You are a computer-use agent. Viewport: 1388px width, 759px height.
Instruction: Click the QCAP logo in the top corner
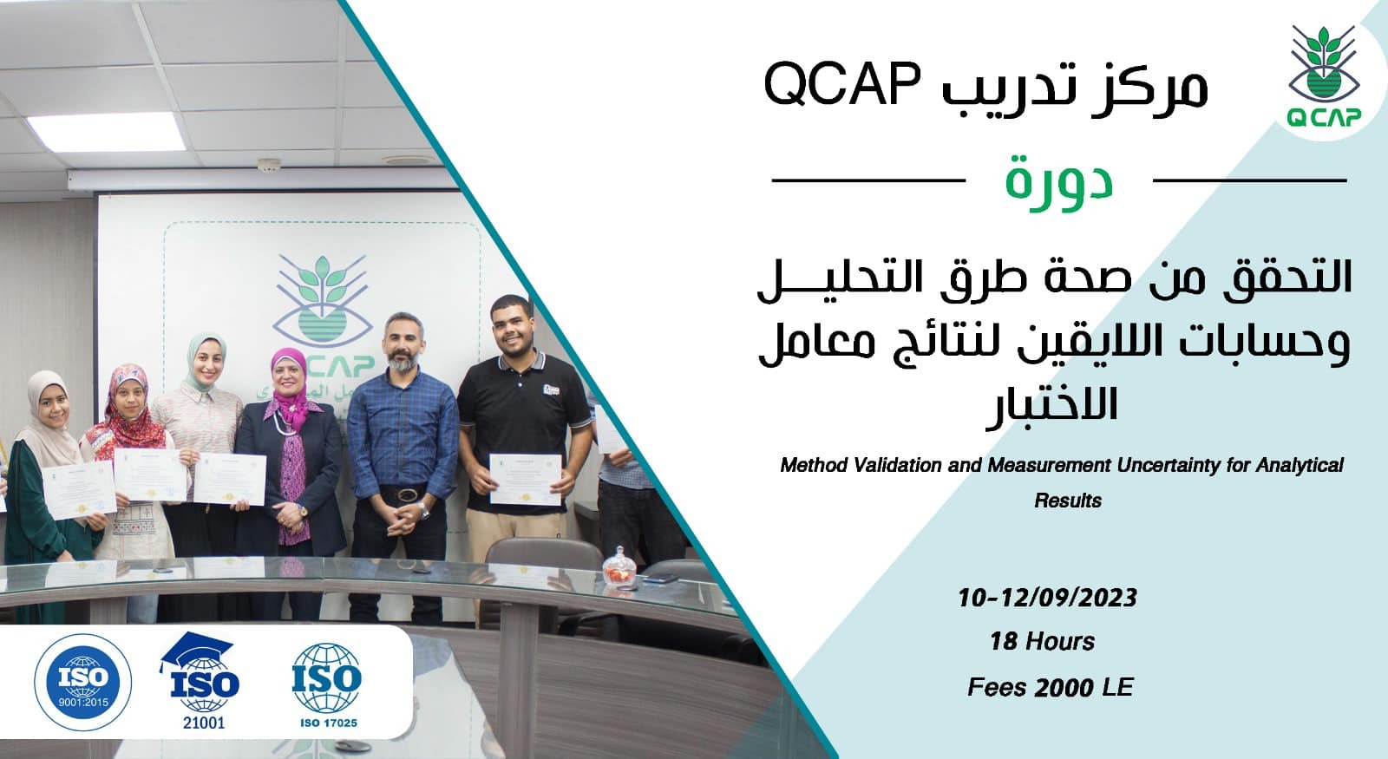coord(1323,78)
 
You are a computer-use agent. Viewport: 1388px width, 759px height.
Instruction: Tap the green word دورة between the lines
coord(1059,180)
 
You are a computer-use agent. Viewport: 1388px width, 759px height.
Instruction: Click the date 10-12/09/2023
coord(1047,598)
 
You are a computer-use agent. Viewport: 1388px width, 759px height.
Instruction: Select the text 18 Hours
coord(1042,642)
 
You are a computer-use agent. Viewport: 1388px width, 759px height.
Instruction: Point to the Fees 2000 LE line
coord(1050,688)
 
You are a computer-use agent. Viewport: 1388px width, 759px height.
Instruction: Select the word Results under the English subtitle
coord(1068,501)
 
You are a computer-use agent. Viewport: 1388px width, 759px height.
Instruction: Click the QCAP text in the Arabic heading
coord(828,86)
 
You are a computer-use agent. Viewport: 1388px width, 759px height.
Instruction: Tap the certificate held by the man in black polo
coord(525,478)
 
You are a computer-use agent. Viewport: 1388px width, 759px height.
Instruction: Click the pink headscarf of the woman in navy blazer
coord(287,382)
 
